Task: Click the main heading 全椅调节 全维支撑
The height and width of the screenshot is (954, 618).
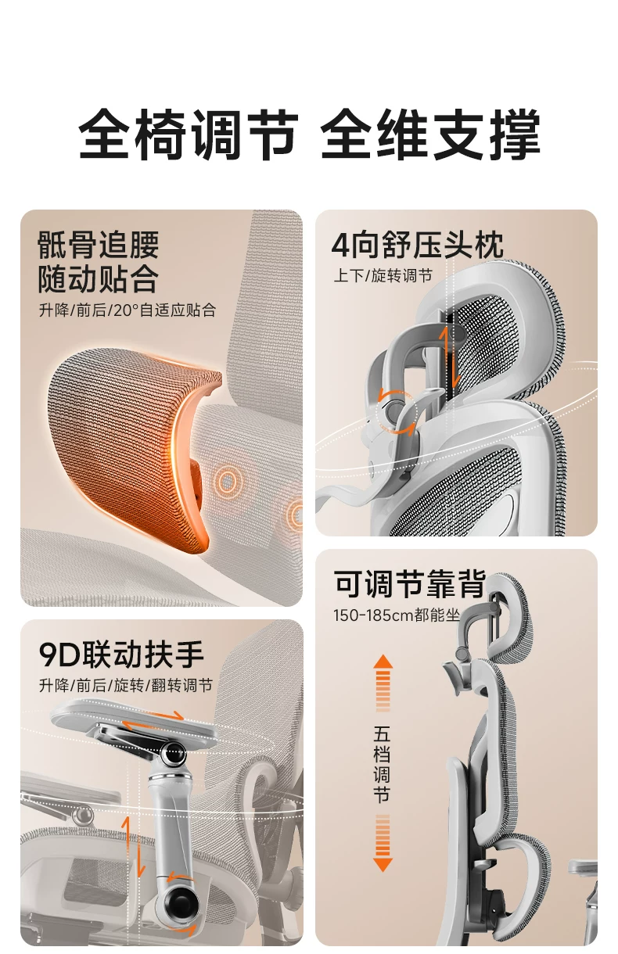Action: coord(309,134)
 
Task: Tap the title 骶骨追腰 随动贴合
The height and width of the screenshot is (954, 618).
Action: coord(98,261)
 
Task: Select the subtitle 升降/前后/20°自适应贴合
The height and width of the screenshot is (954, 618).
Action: coord(128,310)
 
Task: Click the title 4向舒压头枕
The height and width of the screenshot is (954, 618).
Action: coord(417,245)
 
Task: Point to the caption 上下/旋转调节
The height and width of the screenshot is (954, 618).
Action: coord(383,275)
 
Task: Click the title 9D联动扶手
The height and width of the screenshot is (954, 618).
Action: coord(121,655)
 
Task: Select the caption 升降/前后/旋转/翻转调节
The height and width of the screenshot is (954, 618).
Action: coord(126,685)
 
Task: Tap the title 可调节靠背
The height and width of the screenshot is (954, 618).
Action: coord(409,583)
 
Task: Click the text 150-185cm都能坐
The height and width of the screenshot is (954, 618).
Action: coord(397,615)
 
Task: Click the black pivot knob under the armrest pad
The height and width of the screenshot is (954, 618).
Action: coord(174,754)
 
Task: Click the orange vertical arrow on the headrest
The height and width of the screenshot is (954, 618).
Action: coord(450,356)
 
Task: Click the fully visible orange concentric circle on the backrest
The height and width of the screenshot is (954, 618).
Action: coord(227,481)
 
